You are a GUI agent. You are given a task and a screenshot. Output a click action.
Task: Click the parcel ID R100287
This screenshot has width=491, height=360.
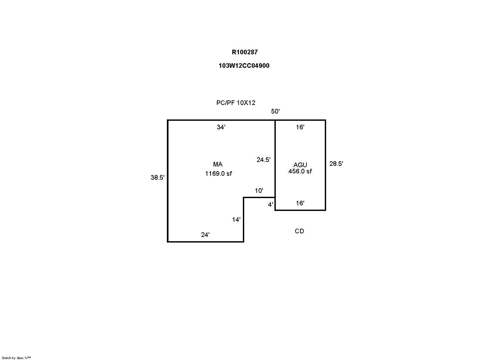point(245,52)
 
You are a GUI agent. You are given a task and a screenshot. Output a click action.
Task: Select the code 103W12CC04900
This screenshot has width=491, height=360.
point(244,66)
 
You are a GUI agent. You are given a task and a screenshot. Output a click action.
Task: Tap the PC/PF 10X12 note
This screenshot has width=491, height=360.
point(236,103)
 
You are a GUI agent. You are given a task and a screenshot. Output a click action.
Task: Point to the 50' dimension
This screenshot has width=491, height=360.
point(275,111)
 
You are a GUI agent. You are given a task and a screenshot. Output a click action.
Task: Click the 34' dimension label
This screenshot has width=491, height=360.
point(221,127)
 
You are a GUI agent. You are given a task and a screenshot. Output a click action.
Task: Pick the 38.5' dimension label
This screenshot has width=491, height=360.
point(157,178)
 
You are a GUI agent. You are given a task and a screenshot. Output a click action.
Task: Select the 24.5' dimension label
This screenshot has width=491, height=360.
point(264,160)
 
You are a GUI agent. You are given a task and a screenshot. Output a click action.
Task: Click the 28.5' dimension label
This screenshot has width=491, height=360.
point(336,164)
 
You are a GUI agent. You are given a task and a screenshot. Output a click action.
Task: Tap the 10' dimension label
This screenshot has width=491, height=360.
point(259,191)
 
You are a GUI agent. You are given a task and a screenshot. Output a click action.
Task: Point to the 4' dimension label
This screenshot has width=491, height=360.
point(271,205)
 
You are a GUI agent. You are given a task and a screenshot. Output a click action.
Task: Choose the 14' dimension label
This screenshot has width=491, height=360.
point(236,220)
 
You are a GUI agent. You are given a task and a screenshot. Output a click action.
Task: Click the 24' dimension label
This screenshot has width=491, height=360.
point(205,235)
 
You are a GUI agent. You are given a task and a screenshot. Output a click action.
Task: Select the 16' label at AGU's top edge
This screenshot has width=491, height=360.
point(300,127)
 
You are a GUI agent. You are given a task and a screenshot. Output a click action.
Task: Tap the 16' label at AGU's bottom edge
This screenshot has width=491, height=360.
point(300,203)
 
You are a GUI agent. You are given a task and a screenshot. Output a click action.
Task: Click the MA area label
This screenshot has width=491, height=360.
point(218,164)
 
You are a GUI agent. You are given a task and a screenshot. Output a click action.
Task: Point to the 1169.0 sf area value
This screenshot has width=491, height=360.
point(218,174)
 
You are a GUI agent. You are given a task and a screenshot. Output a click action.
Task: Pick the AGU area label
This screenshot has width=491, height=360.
point(300,165)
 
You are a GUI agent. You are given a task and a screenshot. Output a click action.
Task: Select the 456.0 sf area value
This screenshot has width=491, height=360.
point(300,171)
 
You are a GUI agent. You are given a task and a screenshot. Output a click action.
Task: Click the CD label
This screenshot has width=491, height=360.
point(299,231)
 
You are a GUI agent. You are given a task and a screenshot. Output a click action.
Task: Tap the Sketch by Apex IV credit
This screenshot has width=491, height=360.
point(16,358)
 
